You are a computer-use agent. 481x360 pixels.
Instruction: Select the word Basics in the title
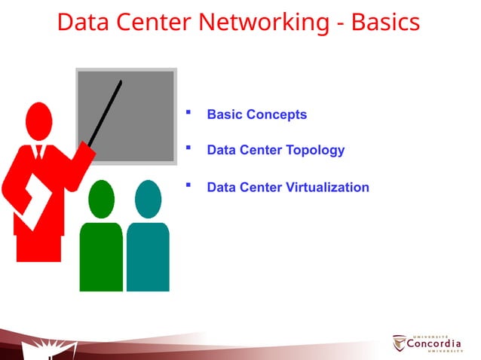coord(385,23)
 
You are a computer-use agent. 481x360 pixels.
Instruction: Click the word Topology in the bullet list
coord(316,150)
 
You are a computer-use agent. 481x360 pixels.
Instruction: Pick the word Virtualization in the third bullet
coord(328,187)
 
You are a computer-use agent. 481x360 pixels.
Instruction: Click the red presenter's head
coord(38,121)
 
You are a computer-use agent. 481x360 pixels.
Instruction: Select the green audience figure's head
coord(101,199)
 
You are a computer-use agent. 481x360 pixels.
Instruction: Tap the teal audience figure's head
coord(148,199)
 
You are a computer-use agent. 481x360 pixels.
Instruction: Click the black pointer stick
coord(106,113)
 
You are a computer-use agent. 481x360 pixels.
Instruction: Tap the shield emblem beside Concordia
coord(400,343)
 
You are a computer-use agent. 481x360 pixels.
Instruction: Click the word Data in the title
coord(81,23)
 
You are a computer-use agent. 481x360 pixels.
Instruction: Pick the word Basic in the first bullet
coord(223,114)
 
